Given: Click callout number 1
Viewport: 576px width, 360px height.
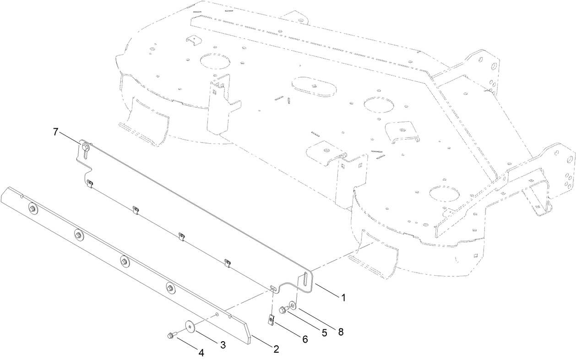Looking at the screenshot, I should pos(342,297).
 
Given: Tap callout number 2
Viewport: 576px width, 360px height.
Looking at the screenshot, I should pos(276,349).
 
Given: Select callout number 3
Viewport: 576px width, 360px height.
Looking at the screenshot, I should pos(223,345).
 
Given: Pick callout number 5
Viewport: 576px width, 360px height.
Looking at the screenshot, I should pos(324,333).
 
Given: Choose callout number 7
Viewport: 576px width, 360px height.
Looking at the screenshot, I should pos(55,132).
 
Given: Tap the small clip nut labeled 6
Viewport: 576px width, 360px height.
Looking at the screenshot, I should pos(271,319).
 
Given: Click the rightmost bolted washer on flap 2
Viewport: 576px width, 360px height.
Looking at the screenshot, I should pos(170,288).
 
